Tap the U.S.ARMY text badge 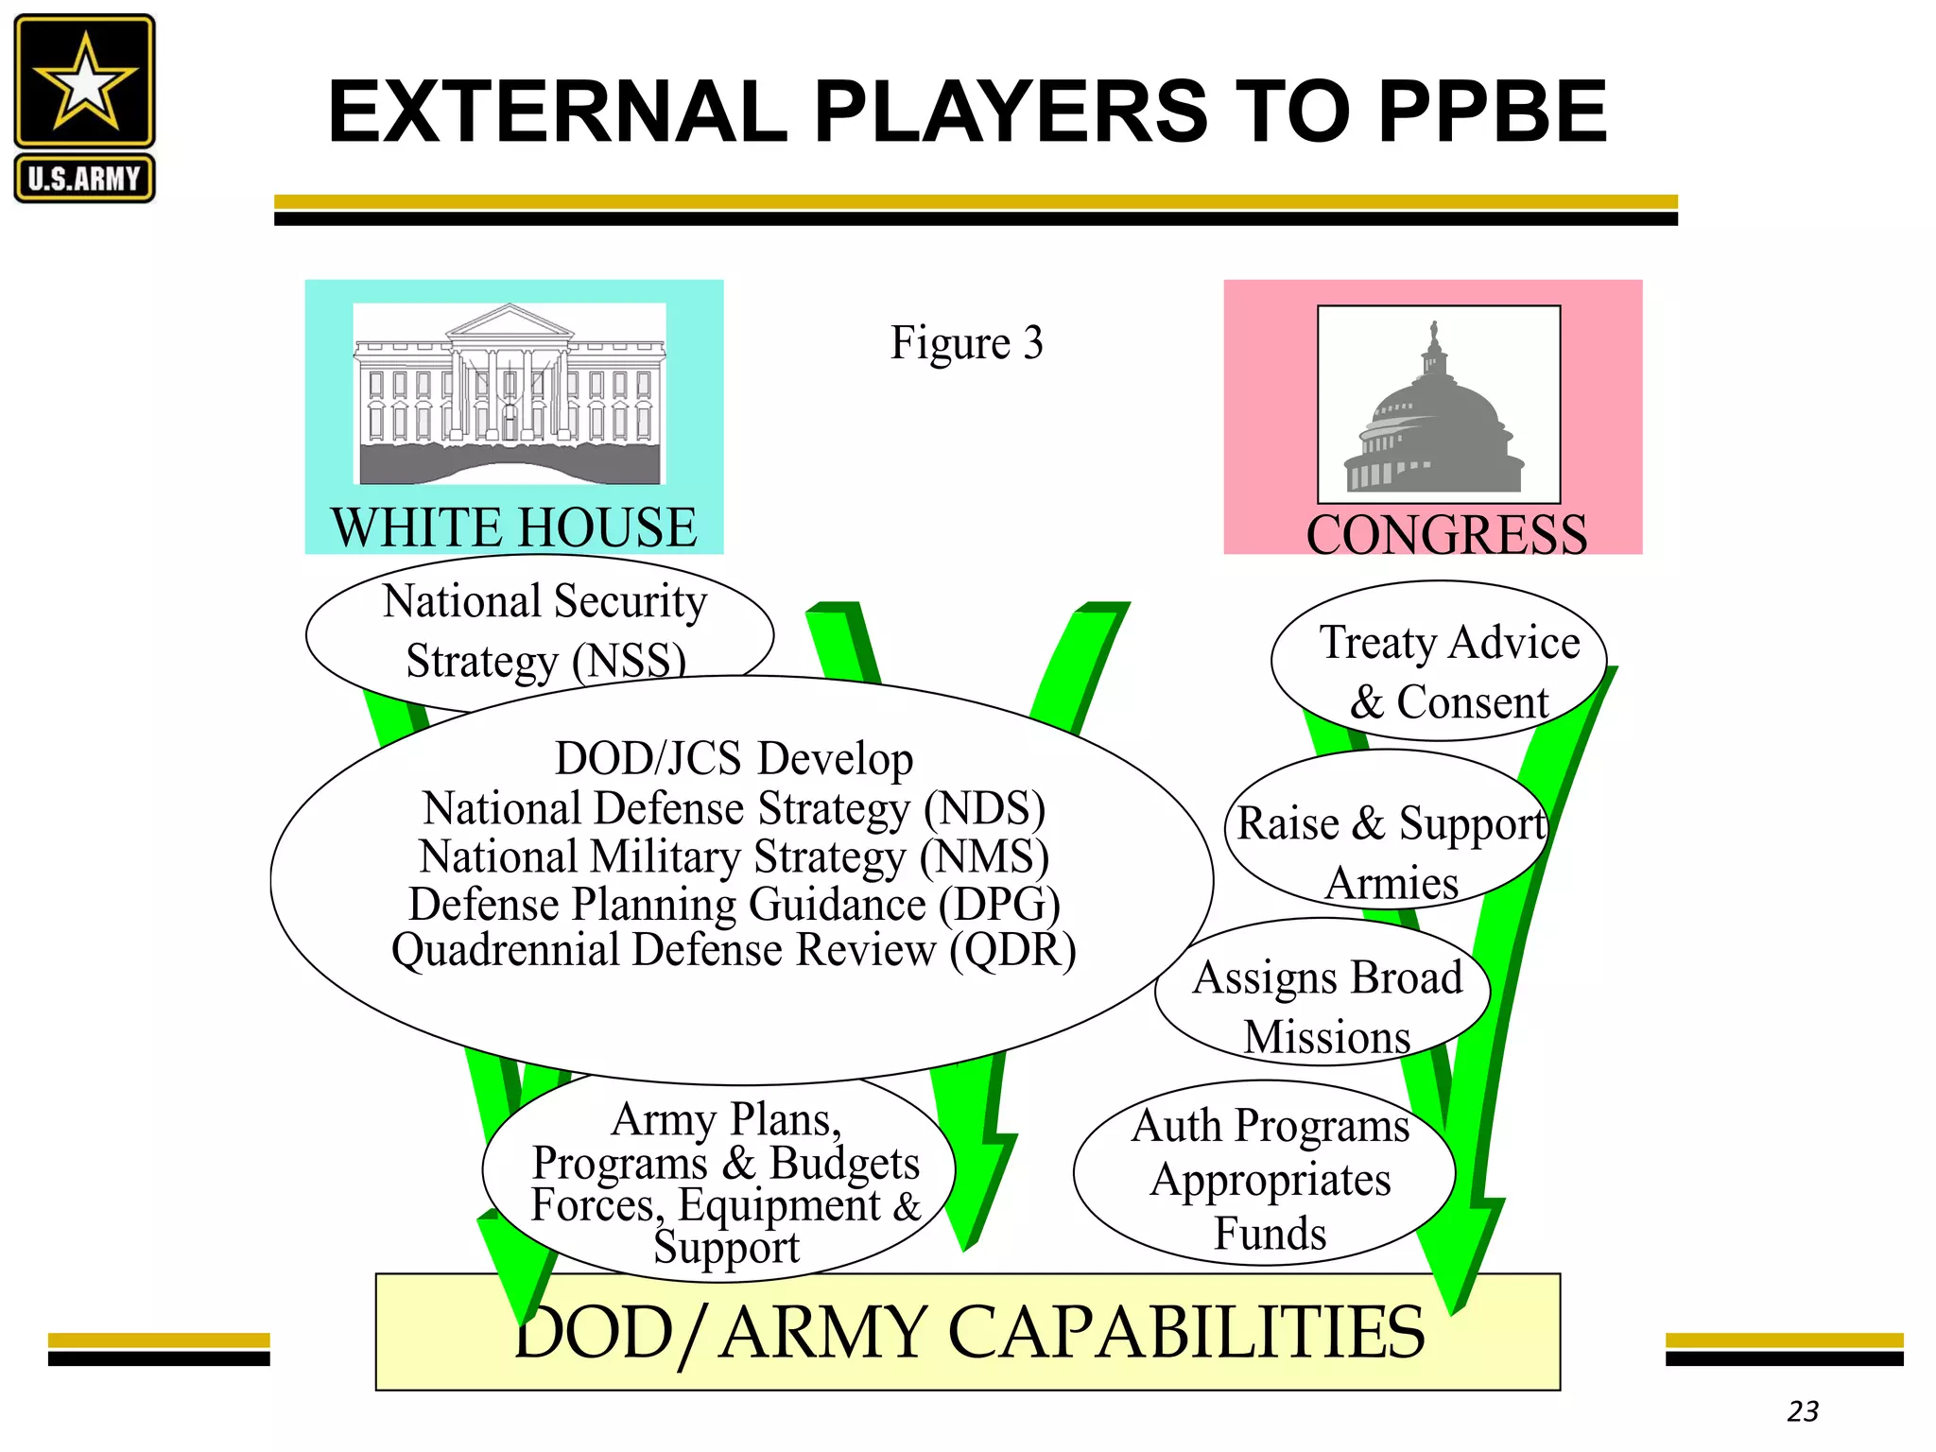[84, 179]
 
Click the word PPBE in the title [1493, 112]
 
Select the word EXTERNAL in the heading [558, 112]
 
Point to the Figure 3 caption [966, 342]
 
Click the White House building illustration [510, 393]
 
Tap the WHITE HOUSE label [513, 527]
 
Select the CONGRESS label [1446, 534]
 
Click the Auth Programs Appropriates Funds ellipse [1265, 1173]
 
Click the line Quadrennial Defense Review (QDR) [734, 950]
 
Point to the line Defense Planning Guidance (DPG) [734, 905]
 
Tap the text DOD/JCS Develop [734, 758]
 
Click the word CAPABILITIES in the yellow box [1185, 1332]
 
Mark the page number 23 [1803, 1411]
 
